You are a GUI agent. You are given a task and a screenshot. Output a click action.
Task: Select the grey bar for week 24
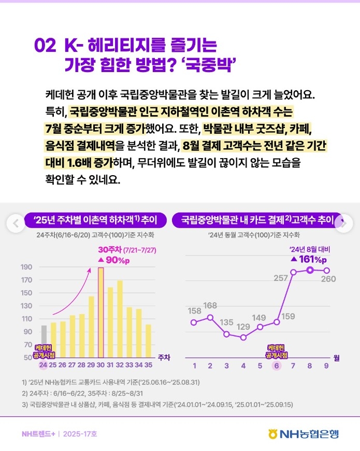tap(44, 341)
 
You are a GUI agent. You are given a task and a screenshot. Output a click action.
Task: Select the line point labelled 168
tap(210, 317)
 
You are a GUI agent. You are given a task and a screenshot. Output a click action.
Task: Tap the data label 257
tap(281, 278)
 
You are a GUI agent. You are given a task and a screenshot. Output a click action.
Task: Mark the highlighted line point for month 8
tap(310, 270)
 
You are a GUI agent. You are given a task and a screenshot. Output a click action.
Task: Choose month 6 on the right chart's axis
tap(276, 366)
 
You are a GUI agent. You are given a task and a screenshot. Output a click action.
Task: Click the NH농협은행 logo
tap(304, 434)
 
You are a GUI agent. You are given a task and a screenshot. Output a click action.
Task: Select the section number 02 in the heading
tap(45, 46)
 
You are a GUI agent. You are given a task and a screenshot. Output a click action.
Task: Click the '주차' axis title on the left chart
tap(164, 357)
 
